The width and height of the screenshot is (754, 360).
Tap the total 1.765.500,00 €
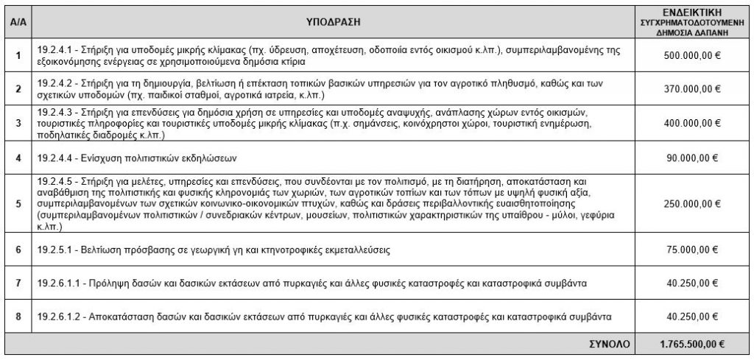pyautogui.click(x=692, y=343)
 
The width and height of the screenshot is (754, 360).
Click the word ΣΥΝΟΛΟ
pyautogui.click(x=610, y=343)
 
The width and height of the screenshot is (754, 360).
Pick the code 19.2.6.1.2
pyautogui.click(x=58, y=317)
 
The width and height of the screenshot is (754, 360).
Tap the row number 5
pyautogui.click(x=18, y=205)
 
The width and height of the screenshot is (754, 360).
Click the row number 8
pyautogui.click(x=18, y=317)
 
